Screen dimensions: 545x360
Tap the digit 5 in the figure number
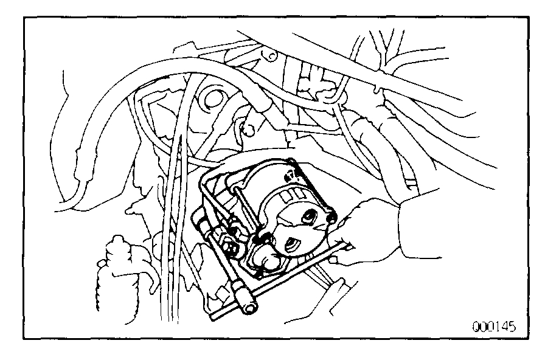click(x=512, y=327)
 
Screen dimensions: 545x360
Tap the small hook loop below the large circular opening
click(x=246, y=128)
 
